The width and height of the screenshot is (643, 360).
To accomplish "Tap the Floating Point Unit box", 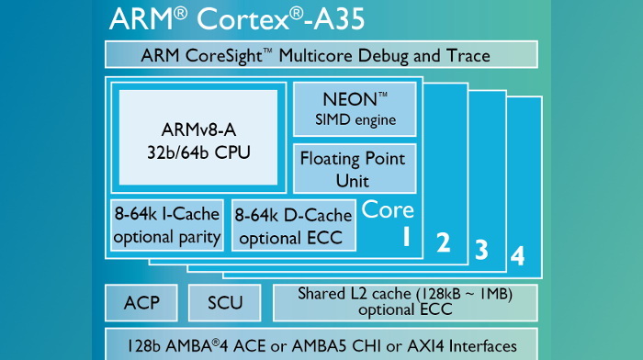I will tap(354, 168).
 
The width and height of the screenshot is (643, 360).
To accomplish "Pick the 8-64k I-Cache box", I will tap(167, 225).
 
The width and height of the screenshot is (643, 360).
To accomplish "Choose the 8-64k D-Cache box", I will tap(293, 226).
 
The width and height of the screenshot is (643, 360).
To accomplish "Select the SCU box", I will tap(225, 302).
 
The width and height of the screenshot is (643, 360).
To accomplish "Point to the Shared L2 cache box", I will tap(405, 302).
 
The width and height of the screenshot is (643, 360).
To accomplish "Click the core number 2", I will tap(443, 242).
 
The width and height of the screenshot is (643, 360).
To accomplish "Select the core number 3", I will tap(480, 248).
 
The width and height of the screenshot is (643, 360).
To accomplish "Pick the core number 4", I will tap(518, 255).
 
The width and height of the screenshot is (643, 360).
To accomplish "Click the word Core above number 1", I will tap(388, 209).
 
